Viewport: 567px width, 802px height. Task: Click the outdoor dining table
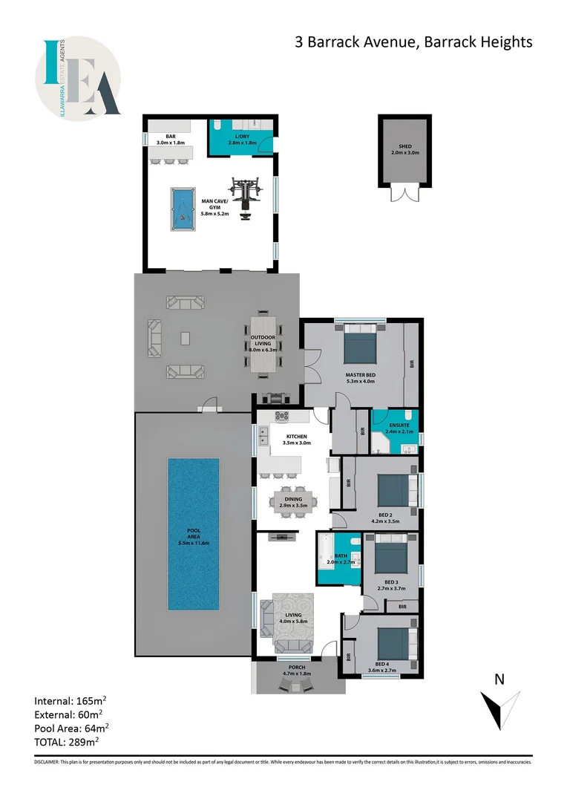tap(263, 345)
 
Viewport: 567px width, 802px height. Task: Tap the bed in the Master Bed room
tap(360, 345)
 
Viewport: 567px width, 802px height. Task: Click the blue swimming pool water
tap(193, 533)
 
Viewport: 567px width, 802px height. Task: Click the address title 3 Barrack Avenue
tap(413, 42)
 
